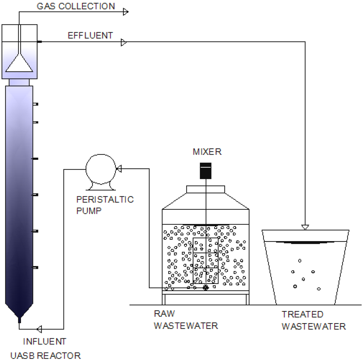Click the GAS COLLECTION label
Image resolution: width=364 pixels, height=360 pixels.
pyautogui.click(x=76, y=6)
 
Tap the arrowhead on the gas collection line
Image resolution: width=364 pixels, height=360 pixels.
pyautogui.click(x=125, y=12)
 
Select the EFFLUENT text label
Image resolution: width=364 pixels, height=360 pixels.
pyautogui.click(x=90, y=36)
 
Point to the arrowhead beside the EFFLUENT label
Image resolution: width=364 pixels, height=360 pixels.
pyautogui.click(x=124, y=43)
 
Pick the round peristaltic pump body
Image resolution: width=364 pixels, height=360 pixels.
pyautogui.click(x=101, y=169)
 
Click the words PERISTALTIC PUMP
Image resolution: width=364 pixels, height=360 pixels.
pyautogui.click(x=105, y=204)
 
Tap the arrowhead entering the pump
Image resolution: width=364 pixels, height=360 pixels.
pyautogui.click(x=119, y=169)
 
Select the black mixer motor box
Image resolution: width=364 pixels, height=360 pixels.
pyautogui.click(x=205, y=170)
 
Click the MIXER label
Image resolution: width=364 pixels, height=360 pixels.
pyautogui.click(x=207, y=152)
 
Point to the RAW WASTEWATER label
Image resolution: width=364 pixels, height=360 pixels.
pyautogui.click(x=186, y=320)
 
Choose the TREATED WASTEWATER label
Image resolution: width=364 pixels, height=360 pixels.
pyautogui.click(x=314, y=320)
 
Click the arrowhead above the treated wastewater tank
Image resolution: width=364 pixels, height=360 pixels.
pyautogui.click(x=305, y=227)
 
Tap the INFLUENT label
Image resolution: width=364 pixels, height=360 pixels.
pyautogui.click(x=44, y=342)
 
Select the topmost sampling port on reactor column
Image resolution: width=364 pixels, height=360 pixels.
pyautogui.click(x=35, y=104)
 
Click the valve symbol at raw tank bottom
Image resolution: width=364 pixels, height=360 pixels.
pyautogui.click(x=205, y=287)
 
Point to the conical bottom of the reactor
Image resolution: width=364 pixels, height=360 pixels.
pyautogui.click(x=20, y=311)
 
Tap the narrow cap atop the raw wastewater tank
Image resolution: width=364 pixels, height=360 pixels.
pyautogui.click(x=205, y=189)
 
